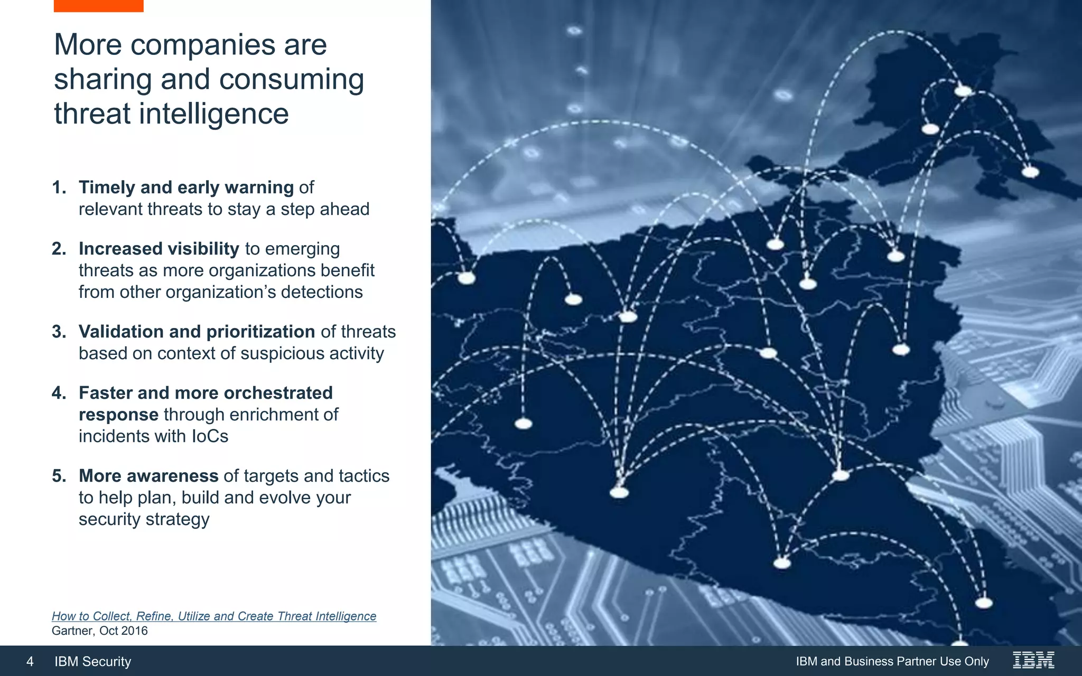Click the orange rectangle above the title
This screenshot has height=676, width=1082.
click(x=98, y=6)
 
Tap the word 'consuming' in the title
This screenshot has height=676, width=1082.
click(x=291, y=79)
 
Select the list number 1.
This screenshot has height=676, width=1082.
click(x=58, y=187)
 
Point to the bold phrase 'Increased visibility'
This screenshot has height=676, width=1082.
click(x=159, y=249)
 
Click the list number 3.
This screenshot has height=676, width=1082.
click(x=58, y=332)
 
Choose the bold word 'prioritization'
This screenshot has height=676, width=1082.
click(x=260, y=332)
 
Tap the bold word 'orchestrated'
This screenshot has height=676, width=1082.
click(x=278, y=393)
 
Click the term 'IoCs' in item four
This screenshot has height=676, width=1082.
click(x=210, y=436)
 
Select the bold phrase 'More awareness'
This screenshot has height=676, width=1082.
click(x=148, y=476)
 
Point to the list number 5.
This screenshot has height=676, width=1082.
click(x=58, y=476)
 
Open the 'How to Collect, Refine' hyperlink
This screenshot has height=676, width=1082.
click(x=214, y=616)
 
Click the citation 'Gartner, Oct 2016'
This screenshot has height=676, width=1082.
click(x=100, y=631)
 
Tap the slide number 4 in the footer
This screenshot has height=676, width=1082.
click(x=30, y=661)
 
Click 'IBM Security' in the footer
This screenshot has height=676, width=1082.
click(x=93, y=661)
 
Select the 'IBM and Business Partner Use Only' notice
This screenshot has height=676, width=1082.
click(x=892, y=661)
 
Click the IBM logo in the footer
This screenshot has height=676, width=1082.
click(x=1033, y=660)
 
